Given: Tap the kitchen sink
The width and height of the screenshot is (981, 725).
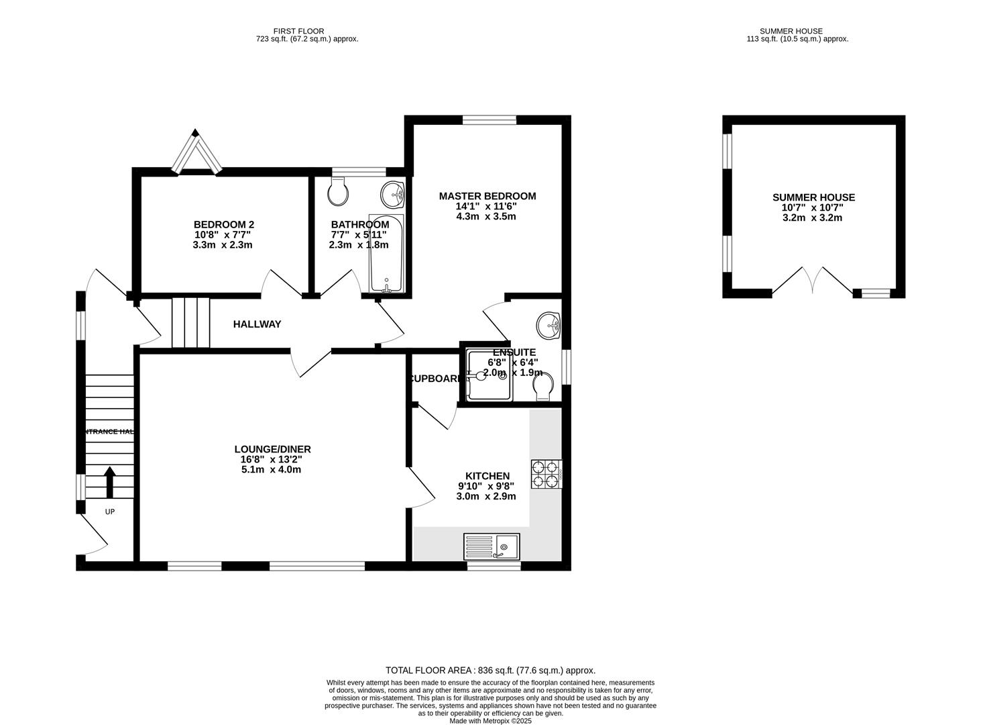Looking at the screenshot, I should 492,546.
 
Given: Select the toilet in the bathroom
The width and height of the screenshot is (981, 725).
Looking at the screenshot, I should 338,192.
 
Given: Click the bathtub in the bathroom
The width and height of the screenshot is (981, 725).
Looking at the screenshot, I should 386,254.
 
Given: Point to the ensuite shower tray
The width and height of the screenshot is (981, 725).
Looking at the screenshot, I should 489,376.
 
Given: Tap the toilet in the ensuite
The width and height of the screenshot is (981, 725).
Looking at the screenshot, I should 542,387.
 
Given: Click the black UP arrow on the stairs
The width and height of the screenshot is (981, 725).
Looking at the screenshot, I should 109,481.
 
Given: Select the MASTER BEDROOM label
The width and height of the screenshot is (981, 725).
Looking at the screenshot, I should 487,196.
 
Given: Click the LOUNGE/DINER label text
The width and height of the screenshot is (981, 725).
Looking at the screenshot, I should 272,449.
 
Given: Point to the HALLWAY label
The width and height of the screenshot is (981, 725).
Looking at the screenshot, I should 257,324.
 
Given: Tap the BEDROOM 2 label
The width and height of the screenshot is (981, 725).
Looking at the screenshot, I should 223,224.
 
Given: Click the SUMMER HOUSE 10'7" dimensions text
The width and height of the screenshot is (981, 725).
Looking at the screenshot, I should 813,207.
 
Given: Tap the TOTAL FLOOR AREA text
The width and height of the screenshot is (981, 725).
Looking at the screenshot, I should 490,670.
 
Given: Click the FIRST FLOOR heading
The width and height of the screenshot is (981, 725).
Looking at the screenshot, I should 298,31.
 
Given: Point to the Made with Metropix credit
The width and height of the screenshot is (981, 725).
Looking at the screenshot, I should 490,720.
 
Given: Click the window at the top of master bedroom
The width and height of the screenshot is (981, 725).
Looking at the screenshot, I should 489,120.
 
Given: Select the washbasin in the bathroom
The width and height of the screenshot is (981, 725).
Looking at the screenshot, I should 393,195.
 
